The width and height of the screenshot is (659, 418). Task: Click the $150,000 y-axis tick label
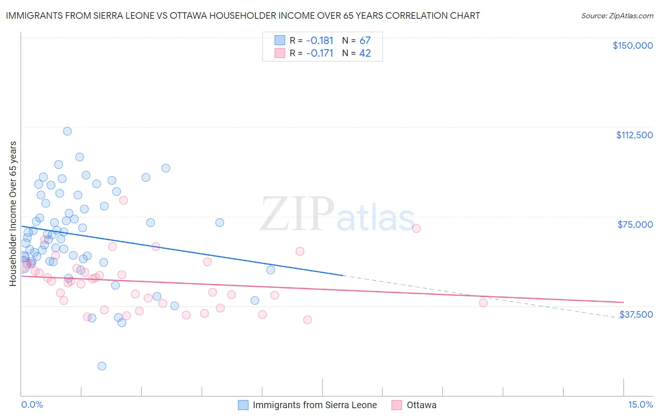pos(632,45)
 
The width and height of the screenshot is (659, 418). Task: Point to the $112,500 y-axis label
pos(634,135)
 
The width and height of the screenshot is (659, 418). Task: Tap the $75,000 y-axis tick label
pos(635,224)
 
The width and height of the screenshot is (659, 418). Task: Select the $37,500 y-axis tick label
pos(636,314)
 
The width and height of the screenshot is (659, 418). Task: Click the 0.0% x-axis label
pos(32,405)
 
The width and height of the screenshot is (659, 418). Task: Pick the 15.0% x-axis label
pos(640,405)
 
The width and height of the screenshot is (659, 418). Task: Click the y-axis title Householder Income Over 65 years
pos(13,214)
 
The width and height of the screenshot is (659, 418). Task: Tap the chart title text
pos(243,15)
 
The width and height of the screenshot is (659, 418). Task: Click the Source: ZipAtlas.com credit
pos(617,16)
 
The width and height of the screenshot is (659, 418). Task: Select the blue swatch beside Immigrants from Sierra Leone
pos(243,405)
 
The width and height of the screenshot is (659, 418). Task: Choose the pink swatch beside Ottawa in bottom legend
pos(397,405)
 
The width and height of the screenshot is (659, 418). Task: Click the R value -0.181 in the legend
pos(319,41)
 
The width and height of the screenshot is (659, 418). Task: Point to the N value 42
pos(365,53)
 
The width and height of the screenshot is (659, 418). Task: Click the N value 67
pos(365,41)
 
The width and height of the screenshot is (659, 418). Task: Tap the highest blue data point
pos(67,131)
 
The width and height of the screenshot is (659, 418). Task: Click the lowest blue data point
pos(102,366)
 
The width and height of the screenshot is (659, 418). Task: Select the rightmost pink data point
pos(483,303)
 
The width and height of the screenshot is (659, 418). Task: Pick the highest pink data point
pos(124,200)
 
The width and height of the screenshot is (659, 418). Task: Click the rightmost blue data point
pos(270,270)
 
